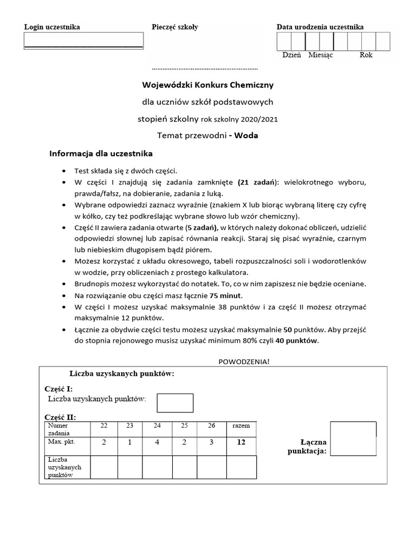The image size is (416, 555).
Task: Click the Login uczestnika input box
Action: tap(83, 41)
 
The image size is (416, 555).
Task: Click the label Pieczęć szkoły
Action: tap(175, 27)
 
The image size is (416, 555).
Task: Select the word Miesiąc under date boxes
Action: tap(321, 55)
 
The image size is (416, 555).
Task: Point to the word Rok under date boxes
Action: tap(366, 55)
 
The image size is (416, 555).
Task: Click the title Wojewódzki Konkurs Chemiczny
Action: tap(208, 85)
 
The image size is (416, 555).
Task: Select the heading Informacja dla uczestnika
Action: tap(101, 153)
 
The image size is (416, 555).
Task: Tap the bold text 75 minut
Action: tap(226, 295)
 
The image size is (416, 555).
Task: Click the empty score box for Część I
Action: tap(175, 403)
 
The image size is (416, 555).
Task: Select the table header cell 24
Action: tap(157, 426)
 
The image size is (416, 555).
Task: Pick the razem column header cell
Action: tap(241, 426)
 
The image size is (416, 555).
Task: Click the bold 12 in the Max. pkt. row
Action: tap(241, 442)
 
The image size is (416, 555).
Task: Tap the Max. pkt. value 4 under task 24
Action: tap(157, 443)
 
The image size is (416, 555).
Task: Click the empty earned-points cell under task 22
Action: tap(104, 467)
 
